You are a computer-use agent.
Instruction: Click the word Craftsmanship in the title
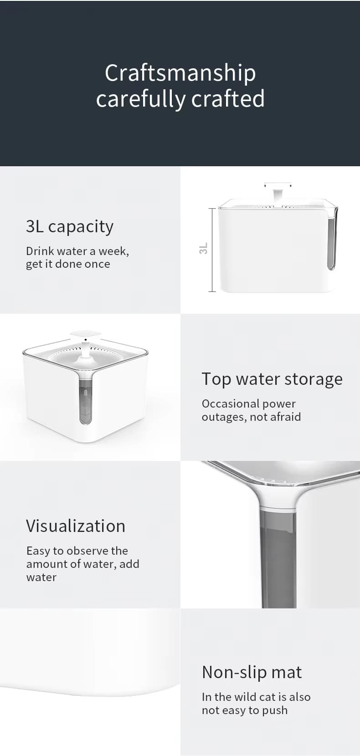(180, 73)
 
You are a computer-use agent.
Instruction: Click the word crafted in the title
(228, 98)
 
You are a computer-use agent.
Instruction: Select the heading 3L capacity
(70, 227)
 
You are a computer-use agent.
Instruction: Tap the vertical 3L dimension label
(203, 248)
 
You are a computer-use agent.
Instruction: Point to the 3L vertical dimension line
(212, 250)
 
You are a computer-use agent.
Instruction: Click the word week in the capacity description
(113, 251)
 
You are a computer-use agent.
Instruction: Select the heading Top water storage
(272, 379)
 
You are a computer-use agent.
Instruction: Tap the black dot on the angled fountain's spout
(86, 339)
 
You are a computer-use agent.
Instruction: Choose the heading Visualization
(76, 526)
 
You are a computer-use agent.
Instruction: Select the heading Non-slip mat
(252, 672)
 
